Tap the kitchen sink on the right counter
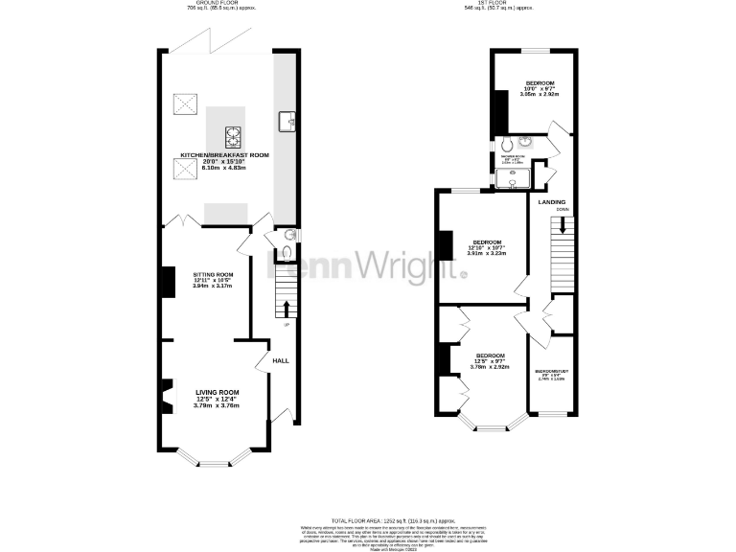tap(286, 121)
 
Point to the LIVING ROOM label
tap(218, 393)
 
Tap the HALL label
tap(281, 360)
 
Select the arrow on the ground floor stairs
tap(286, 309)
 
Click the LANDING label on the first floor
tap(551, 202)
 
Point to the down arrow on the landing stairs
tap(563, 224)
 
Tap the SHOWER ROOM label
tap(511, 154)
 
